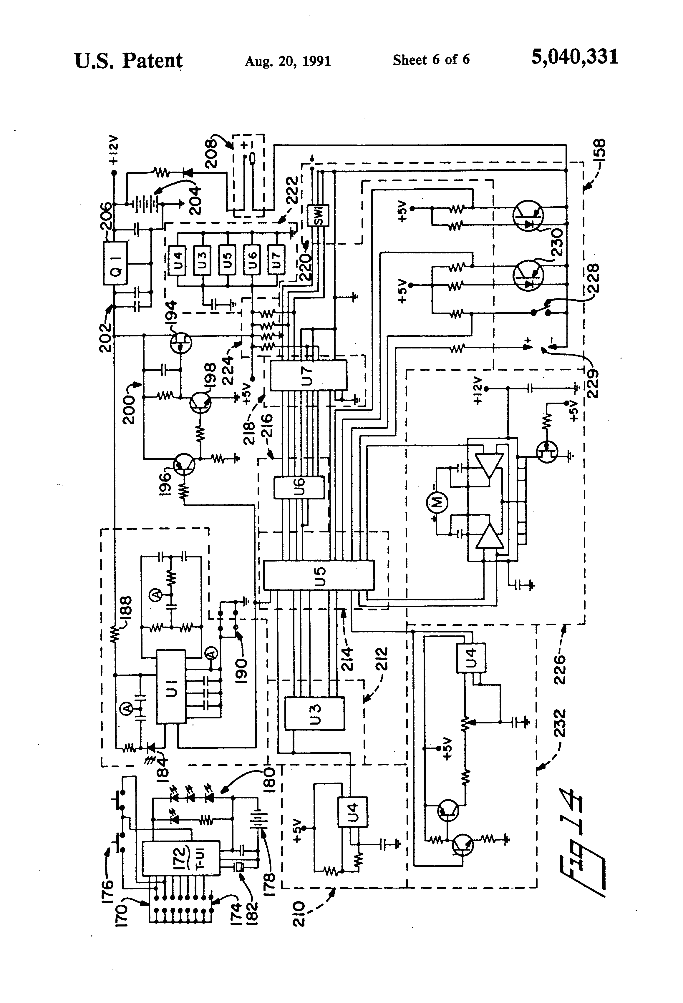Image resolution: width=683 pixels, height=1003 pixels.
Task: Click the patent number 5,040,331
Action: (575, 57)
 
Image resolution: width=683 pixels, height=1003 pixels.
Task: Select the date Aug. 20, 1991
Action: (288, 61)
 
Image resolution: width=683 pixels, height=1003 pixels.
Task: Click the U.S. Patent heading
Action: (129, 60)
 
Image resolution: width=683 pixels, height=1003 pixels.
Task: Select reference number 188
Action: (128, 609)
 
